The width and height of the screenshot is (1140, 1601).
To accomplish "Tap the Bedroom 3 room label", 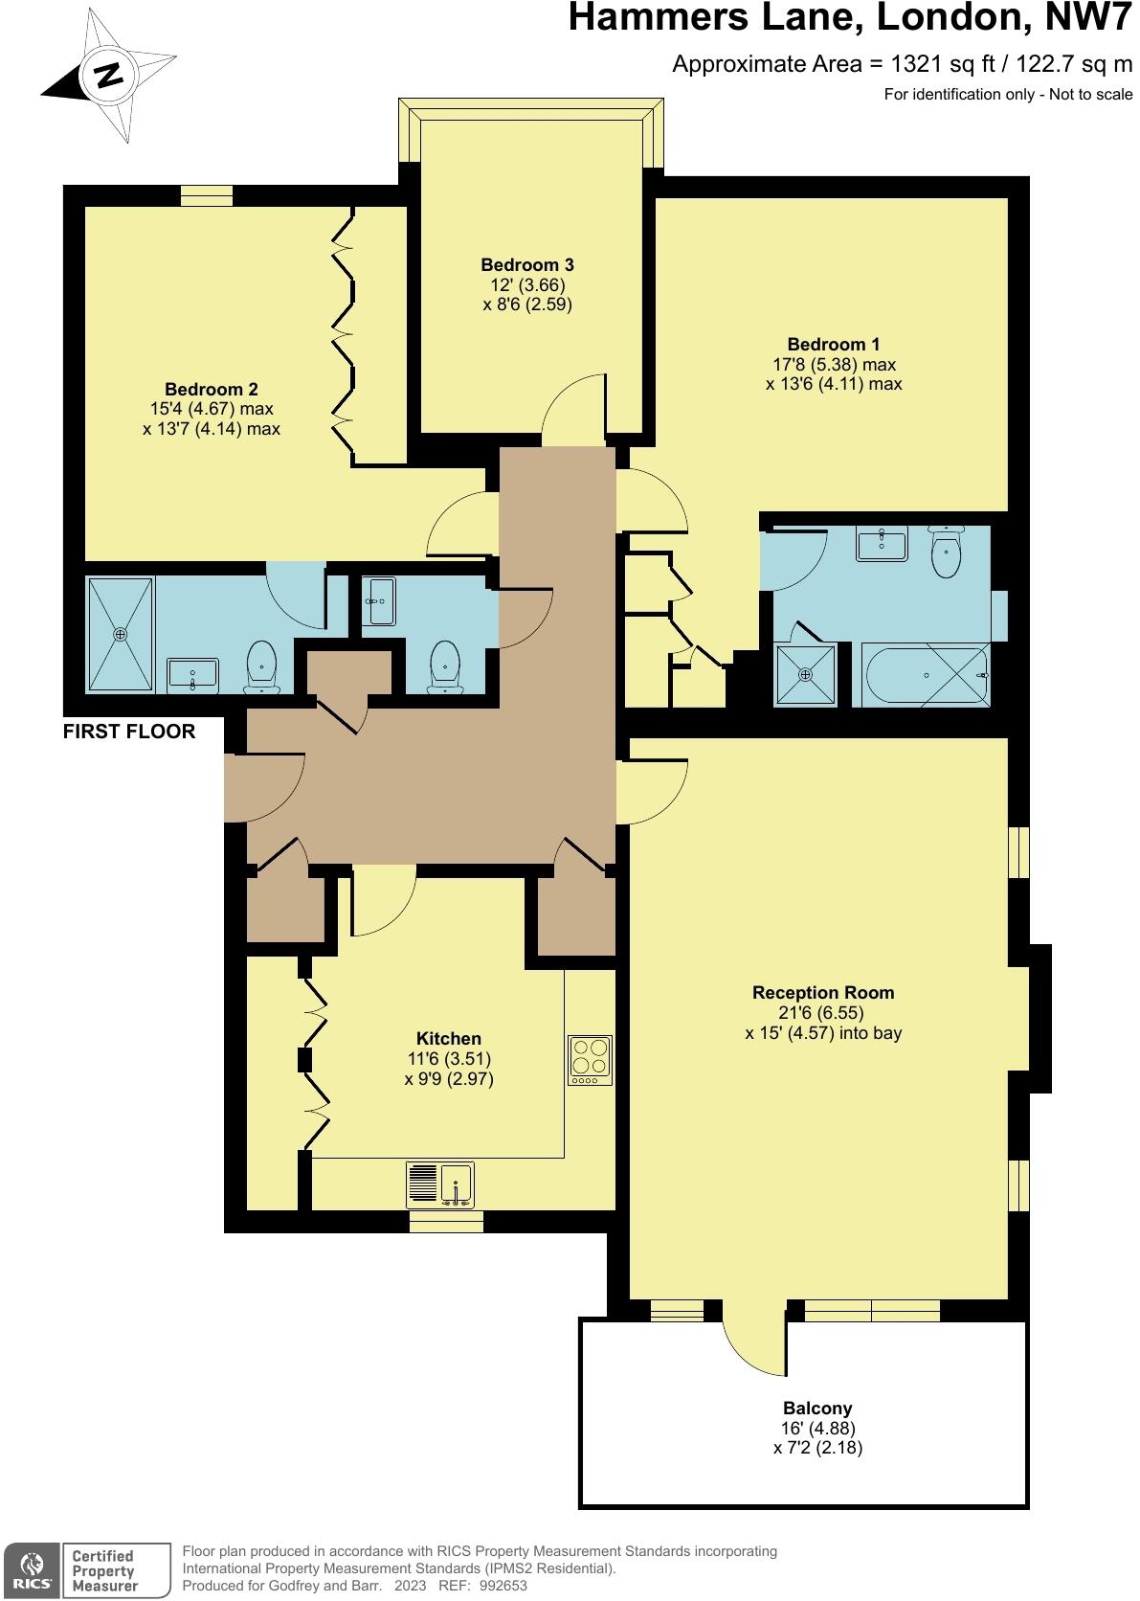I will [x=527, y=265].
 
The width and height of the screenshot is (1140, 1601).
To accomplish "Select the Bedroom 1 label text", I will [x=833, y=345].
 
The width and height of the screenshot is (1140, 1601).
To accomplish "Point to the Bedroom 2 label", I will [x=212, y=390].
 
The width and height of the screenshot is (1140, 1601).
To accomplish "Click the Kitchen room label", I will [x=448, y=1039].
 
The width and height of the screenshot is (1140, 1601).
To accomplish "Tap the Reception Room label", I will [x=823, y=993].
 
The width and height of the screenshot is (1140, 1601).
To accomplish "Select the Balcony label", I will [x=817, y=1409].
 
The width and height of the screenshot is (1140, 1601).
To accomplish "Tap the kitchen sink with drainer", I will [x=440, y=1184].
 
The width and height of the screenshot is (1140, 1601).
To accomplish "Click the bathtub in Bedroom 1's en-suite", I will [x=927, y=675].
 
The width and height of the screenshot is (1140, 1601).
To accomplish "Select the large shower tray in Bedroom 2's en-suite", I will [x=121, y=633].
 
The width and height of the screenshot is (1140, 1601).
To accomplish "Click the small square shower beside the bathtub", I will [x=804, y=674].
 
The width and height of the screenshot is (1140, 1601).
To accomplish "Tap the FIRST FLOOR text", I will [x=129, y=732].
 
